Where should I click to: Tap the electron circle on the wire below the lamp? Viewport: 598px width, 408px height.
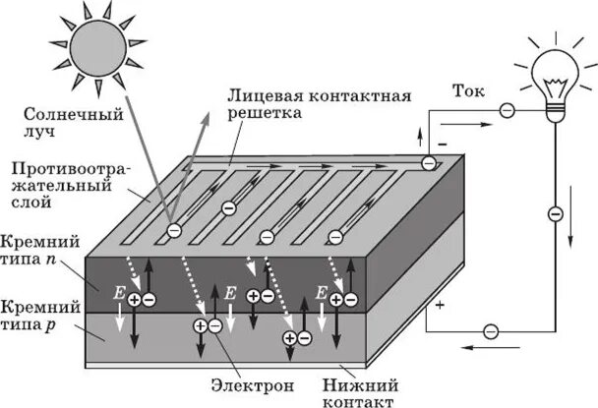coord(555,211)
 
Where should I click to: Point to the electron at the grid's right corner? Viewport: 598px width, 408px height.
coord(429,163)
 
